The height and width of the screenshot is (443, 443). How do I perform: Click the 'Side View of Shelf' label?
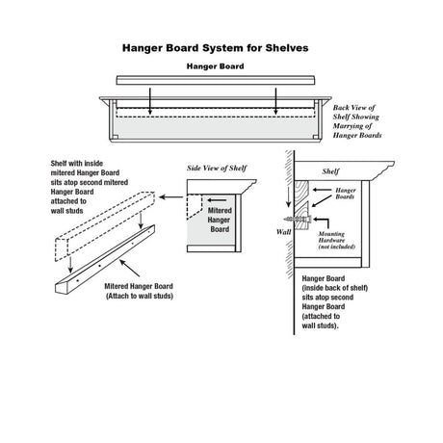click(x=217, y=168)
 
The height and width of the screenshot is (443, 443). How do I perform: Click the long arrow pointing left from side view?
click(x=172, y=195)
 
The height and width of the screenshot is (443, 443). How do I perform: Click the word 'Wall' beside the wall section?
click(x=283, y=231)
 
